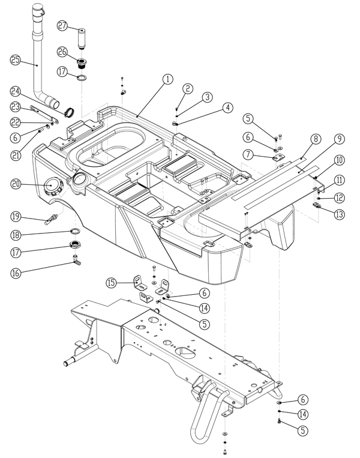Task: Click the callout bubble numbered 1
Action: point(167,79)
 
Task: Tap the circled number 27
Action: point(63,25)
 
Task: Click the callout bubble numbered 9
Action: point(339,139)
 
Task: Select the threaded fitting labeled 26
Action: point(80,62)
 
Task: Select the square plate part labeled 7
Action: point(278,157)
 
